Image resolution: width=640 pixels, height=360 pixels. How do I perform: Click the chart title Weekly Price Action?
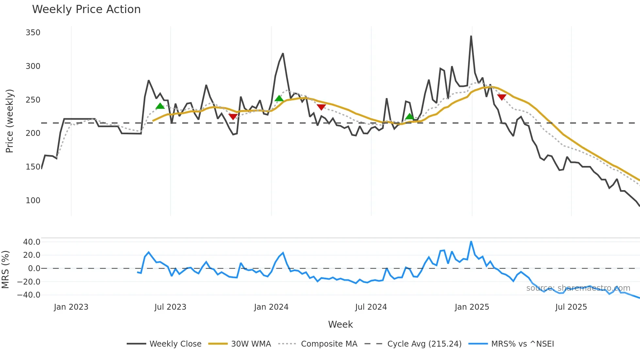pyautogui.click(x=86, y=9)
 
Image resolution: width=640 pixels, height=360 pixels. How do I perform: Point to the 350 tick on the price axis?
pyautogui.click(x=33, y=33)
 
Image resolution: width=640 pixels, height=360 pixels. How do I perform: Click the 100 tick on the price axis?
pyautogui.click(x=33, y=200)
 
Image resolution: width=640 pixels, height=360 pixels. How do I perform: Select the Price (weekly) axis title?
pyautogui.click(x=9, y=121)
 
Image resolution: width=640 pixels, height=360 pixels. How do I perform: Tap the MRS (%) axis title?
pyautogui.click(x=6, y=270)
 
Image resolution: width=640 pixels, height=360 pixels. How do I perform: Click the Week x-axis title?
pyautogui.click(x=340, y=324)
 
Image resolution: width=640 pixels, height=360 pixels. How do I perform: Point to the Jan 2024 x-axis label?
pyautogui.click(x=271, y=307)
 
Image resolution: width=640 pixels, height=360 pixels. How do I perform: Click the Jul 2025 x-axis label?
pyautogui.click(x=571, y=307)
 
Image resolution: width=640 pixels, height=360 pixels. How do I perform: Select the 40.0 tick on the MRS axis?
pyautogui.click(x=32, y=242)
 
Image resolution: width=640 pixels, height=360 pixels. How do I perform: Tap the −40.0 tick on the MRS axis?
pyautogui.click(x=29, y=295)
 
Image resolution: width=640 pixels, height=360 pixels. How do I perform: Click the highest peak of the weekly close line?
pyautogui.click(x=471, y=36)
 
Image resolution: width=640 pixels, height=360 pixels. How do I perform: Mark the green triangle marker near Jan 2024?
pyautogui.click(x=279, y=98)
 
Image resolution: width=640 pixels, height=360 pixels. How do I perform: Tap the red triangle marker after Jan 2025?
pyautogui.click(x=502, y=97)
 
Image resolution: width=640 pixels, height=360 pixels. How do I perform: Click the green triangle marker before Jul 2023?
pyautogui.click(x=160, y=106)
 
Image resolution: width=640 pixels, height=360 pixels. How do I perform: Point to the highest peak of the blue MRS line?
pyautogui.click(x=471, y=242)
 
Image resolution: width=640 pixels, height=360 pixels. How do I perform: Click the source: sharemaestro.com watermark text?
pyautogui.click(x=578, y=288)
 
